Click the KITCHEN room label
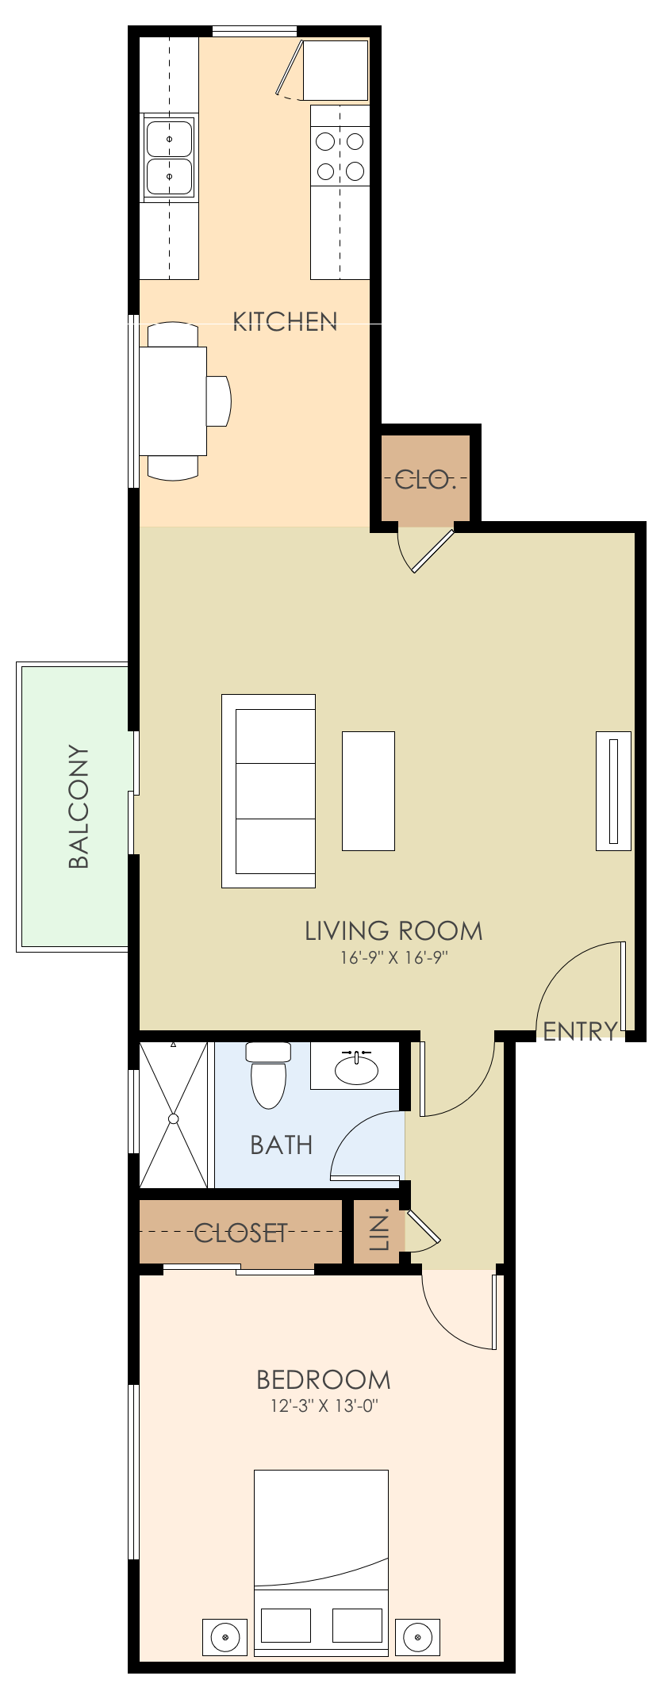[x=285, y=321]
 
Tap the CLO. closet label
[x=425, y=479]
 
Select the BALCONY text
[x=79, y=806]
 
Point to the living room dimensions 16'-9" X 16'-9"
[x=394, y=958]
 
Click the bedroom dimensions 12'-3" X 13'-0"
[x=324, y=1406]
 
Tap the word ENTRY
[x=580, y=1030]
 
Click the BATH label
[x=281, y=1145]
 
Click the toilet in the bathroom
[x=268, y=1079]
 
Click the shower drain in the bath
[x=173, y=1118]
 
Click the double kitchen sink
[x=169, y=156]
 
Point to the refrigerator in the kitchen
[x=336, y=70]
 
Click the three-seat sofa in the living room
[x=270, y=791]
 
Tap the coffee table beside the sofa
[x=368, y=791]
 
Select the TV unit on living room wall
[x=613, y=791]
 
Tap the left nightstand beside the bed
[x=225, y=1636]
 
